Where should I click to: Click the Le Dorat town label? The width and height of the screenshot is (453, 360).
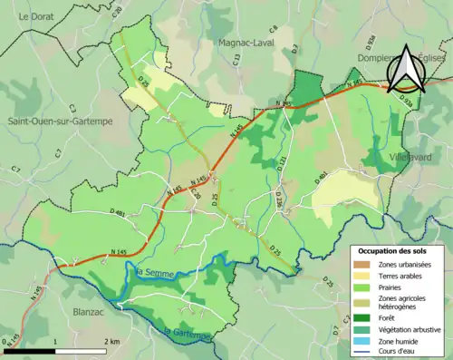tap(36, 16)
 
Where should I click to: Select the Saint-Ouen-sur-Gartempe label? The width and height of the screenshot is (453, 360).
tap(56, 122)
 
